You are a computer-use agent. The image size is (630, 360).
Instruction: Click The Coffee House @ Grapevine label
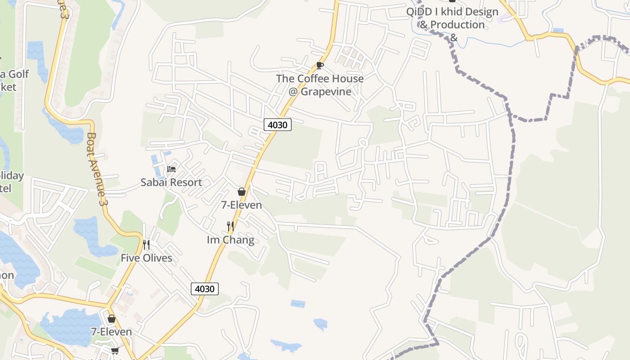point(319,85)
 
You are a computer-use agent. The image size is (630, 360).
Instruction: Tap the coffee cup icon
point(319,66)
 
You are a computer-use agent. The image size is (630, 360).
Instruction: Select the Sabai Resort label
point(171,182)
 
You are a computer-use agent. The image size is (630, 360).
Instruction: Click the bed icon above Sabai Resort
point(171,169)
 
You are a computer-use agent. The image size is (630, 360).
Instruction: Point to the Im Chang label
point(230,240)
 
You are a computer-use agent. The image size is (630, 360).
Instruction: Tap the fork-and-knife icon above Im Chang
point(230,226)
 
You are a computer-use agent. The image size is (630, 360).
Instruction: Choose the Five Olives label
point(146,258)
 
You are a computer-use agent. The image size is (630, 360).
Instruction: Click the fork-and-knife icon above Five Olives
point(146,245)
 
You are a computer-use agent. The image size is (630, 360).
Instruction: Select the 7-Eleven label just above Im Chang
point(241,205)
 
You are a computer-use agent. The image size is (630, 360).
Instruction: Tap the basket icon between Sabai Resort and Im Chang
point(242,192)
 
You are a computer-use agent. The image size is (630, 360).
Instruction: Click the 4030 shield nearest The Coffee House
point(277,125)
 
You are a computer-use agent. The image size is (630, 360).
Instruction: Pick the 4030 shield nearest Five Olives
point(205,289)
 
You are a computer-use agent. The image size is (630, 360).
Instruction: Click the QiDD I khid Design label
point(452,12)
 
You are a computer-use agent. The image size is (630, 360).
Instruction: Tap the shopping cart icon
point(115,351)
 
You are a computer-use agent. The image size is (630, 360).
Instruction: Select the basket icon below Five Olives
point(112,319)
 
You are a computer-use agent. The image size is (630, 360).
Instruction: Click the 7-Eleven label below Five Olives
point(111,332)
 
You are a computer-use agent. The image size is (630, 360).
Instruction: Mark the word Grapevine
point(325,91)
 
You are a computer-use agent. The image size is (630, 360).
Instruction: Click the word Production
point(458,24)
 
